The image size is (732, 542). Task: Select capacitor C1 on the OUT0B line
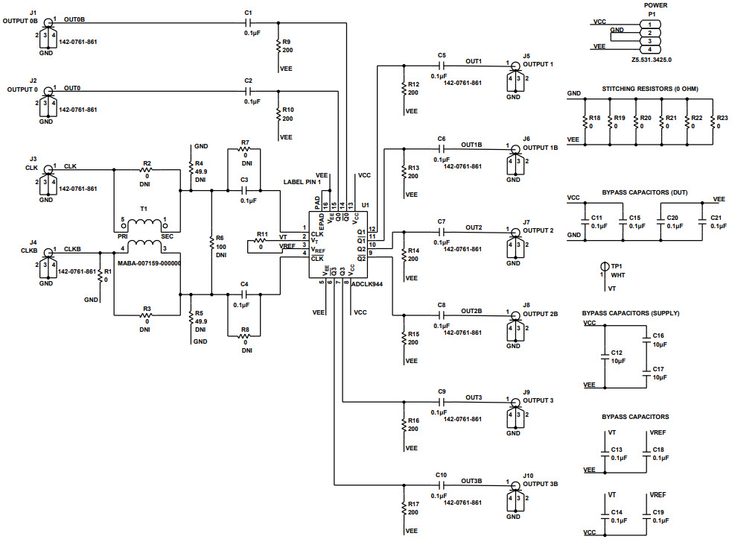coord(249,24)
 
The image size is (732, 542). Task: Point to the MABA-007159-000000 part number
coord(150,263)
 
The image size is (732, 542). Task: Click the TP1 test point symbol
coord(604,266)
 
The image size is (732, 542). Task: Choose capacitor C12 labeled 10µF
coord(604,356)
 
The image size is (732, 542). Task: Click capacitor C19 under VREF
coord(646,514)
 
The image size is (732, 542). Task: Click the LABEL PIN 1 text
coord(302,182)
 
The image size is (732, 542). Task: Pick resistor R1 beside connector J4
coord(100,277)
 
